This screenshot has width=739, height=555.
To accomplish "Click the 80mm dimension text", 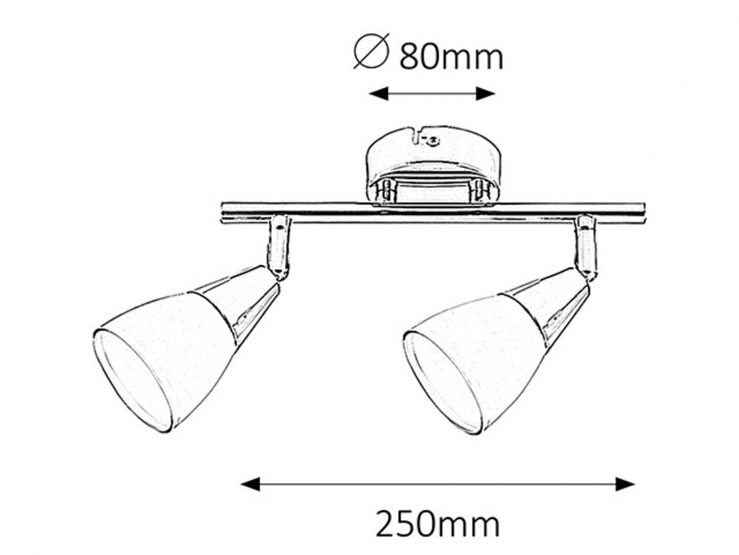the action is (x=451, y=58).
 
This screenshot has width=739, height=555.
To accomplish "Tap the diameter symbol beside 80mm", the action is (x=372, y=51).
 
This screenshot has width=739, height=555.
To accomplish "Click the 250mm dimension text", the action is (x=437, y=525).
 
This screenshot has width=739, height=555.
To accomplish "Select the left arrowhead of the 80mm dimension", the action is (x=378, y=93).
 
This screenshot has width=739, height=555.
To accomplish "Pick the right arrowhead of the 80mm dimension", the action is (x=486, y=93).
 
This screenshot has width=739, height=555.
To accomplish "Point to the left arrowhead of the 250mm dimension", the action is (x=251, y=484).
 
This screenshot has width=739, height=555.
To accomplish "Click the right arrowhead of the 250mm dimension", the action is (x=625, y=484).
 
